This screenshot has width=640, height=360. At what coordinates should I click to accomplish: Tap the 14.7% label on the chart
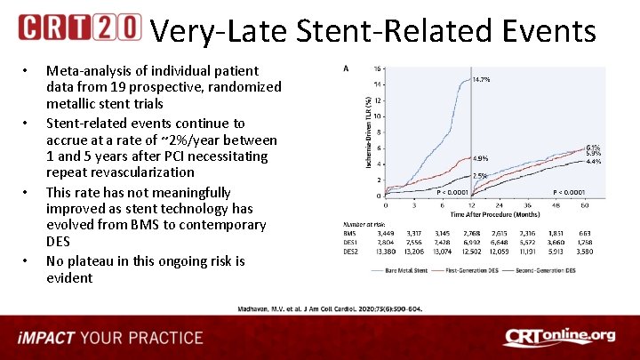[x=481, y=80]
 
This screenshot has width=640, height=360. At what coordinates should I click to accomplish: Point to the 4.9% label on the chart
[x=480, y=158]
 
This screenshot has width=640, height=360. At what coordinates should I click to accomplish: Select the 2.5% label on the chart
[x=479, y=176]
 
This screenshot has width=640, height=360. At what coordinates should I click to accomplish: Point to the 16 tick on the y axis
[x=378, y=68]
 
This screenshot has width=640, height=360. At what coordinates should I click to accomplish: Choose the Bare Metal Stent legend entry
[x=416, y=271]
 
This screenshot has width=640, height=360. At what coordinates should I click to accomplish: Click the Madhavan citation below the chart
[x=328, y=308]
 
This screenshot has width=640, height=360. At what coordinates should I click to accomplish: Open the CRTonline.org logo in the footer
[x=559, y=337]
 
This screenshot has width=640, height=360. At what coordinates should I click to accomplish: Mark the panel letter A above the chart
[x=345, y=68]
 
